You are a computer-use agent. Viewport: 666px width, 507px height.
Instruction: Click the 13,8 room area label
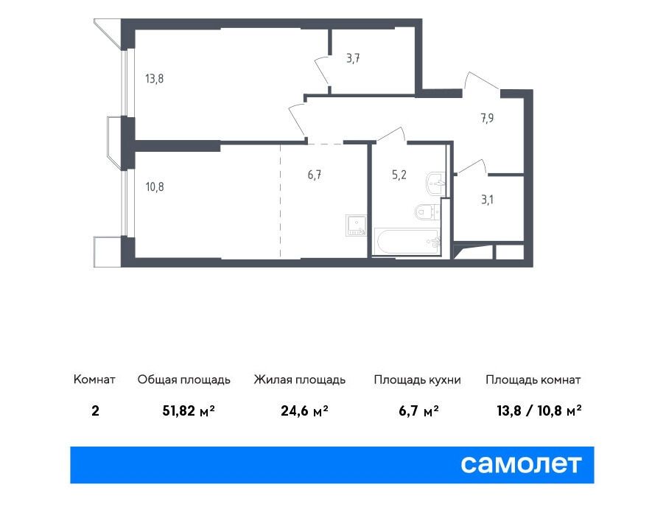[154, 79]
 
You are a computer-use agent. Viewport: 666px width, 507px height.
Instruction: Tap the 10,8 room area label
[155, 186]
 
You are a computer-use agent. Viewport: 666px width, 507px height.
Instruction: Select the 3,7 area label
[353, 58]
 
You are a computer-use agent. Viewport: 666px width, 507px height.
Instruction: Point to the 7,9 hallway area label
[487, 118]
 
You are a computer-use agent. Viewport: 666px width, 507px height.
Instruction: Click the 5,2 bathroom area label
[399, 175]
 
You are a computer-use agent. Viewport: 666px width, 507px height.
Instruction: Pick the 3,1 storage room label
[487, 199]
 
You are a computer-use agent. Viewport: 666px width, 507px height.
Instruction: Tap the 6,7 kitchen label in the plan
[315, 175]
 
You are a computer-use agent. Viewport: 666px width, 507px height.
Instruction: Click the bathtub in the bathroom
[407, 242]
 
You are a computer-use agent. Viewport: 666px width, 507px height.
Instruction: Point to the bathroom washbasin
[435, 184]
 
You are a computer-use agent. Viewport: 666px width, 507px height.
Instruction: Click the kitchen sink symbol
[356, 225]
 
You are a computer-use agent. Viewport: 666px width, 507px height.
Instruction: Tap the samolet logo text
[521, 464]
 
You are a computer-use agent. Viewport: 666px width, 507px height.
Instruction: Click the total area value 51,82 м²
[189, 410]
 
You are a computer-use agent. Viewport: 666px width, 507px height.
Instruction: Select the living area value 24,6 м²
[304, 410]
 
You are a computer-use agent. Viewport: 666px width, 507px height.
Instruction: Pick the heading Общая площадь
[184, 380]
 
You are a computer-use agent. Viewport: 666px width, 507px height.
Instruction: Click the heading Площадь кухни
[418, 380]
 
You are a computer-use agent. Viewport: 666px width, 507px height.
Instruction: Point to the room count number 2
[95, 410]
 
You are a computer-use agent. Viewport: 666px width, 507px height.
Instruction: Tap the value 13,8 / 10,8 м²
[539, 410]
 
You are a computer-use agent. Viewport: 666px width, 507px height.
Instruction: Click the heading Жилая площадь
[300, 380]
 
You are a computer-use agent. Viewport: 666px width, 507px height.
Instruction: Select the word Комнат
[94, 379]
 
